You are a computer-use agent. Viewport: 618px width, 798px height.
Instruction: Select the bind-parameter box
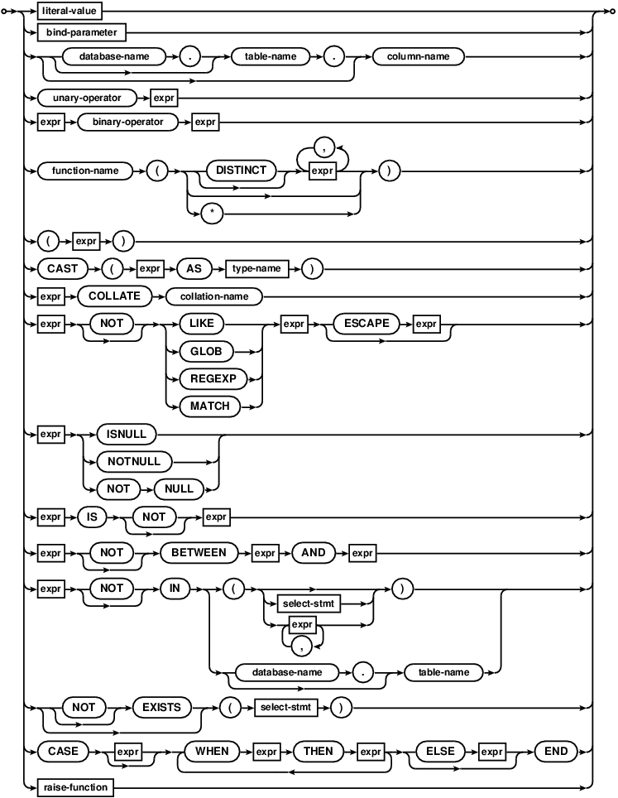click(x=81, y=33)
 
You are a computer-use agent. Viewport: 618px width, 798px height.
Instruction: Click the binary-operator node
click(x=128, y=125)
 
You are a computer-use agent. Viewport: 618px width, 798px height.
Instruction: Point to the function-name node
click(x=84, y=170)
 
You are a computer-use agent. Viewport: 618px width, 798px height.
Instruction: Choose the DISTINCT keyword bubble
click(x=241, y=170)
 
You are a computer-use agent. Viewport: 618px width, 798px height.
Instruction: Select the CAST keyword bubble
click(x=61, y=269)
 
